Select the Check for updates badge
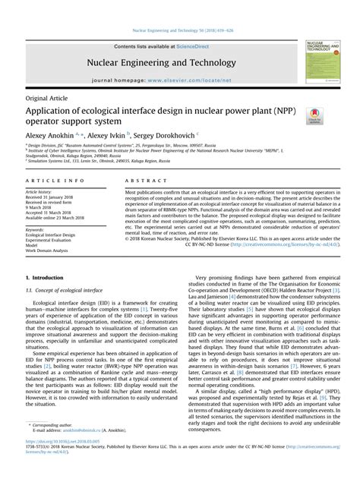coord(313,115)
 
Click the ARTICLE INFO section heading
coord(55,181)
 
